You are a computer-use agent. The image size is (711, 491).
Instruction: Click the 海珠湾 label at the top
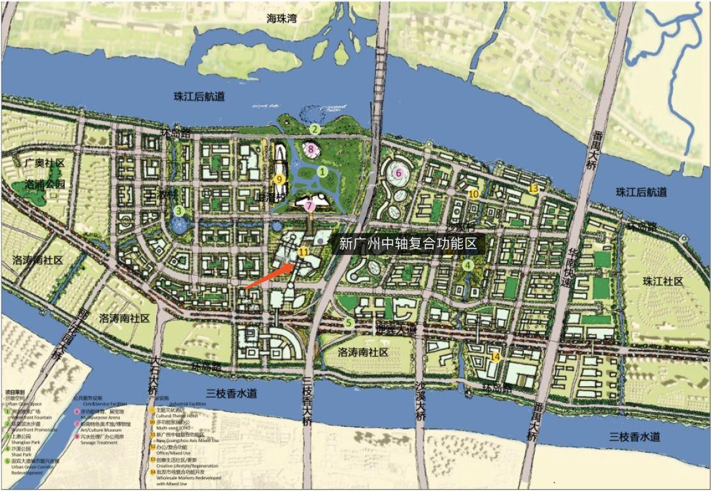click(x=282, y=18)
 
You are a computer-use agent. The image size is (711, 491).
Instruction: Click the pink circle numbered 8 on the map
click(x=311, y=150)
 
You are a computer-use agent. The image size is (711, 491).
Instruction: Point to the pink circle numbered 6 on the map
click(x=398, y=173)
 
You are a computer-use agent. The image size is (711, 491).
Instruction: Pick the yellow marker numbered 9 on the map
click(x=279, y=179)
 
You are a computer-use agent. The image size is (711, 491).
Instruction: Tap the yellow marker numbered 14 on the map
click(x=496, y=357)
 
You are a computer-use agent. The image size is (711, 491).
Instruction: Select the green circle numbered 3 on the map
click(x=178, y=211)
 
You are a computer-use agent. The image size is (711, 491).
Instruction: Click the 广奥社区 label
click(x=45, y=162)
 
